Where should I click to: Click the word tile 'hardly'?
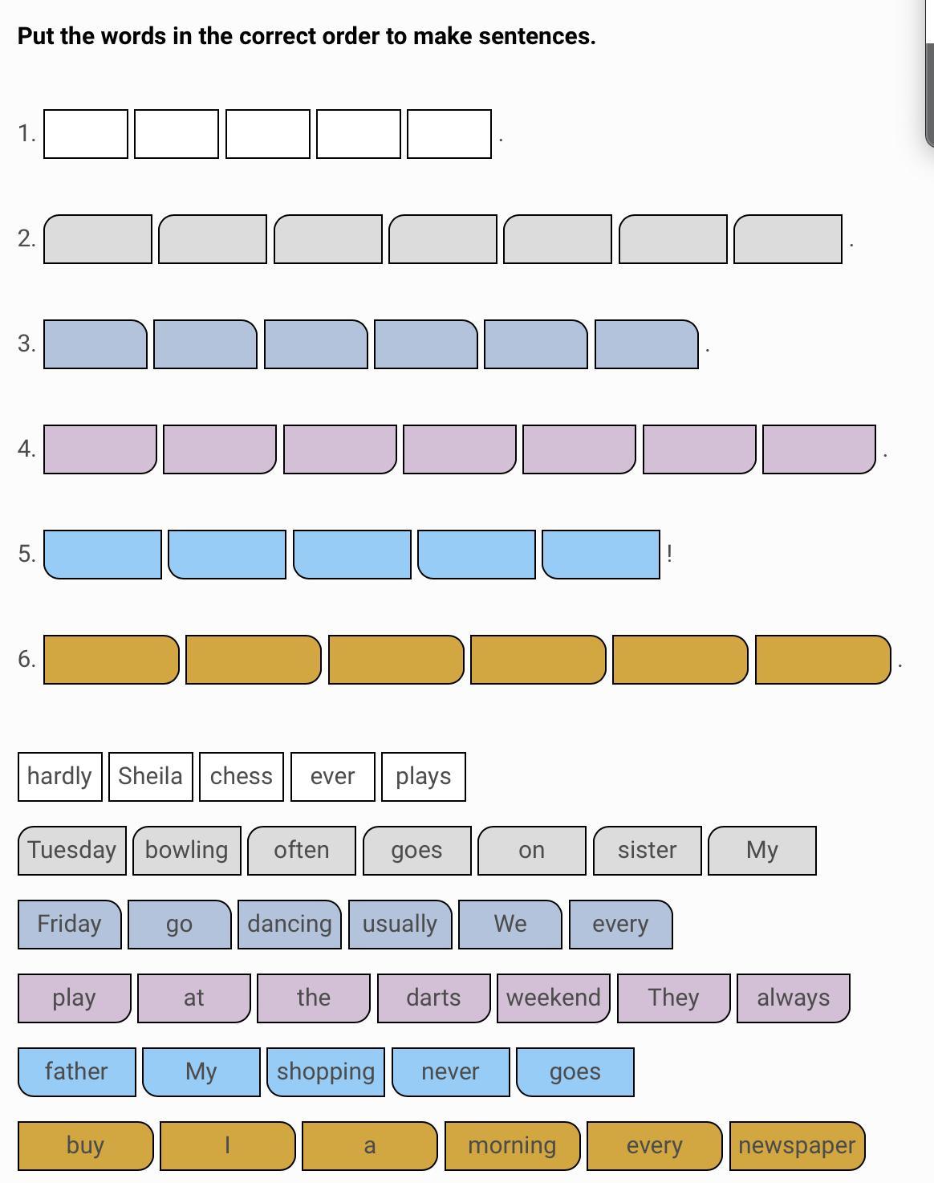click(59, 776)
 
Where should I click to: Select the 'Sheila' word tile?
click(150, 776)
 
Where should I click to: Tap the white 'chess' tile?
click(241, 776)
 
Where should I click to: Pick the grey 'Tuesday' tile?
click(71, 850)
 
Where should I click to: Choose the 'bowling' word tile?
click(186, 850)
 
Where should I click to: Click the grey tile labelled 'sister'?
click(647, 850)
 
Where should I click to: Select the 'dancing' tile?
click(289, 924)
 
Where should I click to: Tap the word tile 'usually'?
click(400, 924)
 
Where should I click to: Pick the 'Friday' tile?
click(69, 924)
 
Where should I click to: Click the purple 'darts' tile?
click(433, 998)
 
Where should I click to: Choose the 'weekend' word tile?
click(553, 998)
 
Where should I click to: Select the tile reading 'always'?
click(793, 998)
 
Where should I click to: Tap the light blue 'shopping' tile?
click(325, 1071)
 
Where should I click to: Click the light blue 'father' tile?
click(76, 1071)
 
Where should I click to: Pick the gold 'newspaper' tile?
click(797, 1145)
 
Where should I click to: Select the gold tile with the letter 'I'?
click(227, 1145)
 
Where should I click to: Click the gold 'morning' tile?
click(512, 1145)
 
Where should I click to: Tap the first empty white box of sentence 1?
click(85, 134)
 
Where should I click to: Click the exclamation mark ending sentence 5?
click(669, 553)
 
